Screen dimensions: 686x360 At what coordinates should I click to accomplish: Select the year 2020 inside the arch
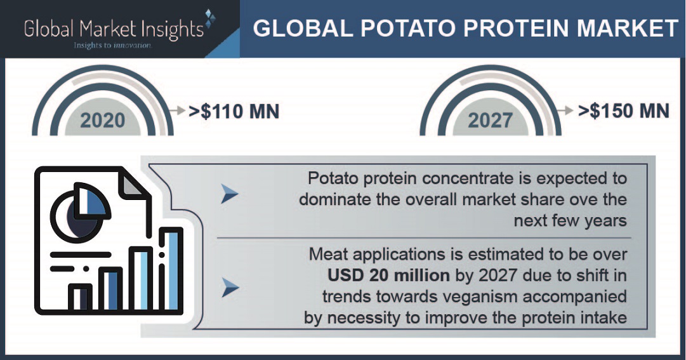click(102, 120)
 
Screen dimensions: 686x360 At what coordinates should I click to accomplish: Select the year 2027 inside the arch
click(490, 120)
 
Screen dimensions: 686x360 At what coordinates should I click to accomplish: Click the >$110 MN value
click(234, 111)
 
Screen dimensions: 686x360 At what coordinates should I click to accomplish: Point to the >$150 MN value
click(624, 110)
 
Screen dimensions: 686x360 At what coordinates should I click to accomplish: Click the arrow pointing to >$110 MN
click(178, 111)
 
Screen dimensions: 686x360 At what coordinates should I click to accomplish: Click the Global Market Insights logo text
click(114, 29)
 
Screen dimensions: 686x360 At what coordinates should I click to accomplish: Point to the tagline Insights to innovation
click(112, 45)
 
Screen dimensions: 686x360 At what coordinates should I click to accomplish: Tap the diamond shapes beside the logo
click(210, 19)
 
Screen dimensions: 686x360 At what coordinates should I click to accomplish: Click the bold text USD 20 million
click(388, 276)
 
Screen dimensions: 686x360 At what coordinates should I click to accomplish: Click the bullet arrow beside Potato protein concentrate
click(230, 194)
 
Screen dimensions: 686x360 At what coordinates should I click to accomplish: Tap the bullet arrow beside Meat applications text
click(230, 288)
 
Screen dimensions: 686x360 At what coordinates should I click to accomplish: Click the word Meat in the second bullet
click(328, 255)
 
